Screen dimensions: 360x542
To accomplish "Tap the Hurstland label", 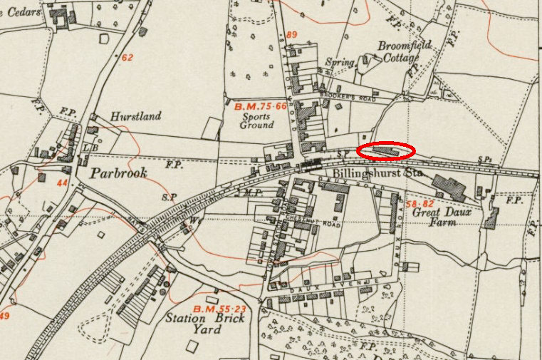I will coord(135,116).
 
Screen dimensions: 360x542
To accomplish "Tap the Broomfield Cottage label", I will coord(403,52).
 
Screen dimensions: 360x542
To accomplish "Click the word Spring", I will coord(340,62).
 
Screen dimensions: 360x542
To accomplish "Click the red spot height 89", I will coord(291,34).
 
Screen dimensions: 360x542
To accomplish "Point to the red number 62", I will coord(127,58).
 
